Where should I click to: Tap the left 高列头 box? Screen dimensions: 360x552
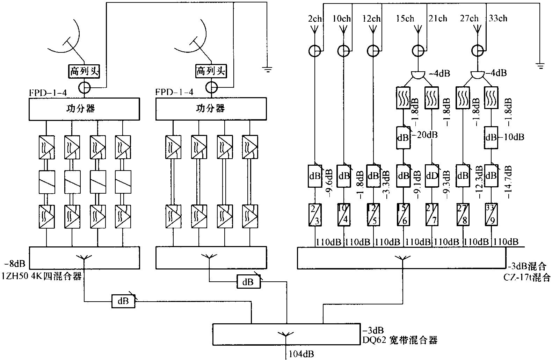(x=84, y=72)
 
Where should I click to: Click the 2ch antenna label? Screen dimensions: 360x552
(x=314, y=19)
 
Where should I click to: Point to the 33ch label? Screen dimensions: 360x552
(x=497, y=19)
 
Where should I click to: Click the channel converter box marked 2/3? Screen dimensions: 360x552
(x=315, y=215)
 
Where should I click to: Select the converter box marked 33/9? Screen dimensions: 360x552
(x=491, y=215)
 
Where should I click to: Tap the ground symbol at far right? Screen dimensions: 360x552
(x=540, y=64)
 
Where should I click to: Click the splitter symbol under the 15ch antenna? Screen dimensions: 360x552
(x=417, y=75)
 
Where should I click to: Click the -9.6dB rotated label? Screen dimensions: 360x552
(x=329, y=183)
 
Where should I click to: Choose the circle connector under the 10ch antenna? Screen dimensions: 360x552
(x=343, y=51)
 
